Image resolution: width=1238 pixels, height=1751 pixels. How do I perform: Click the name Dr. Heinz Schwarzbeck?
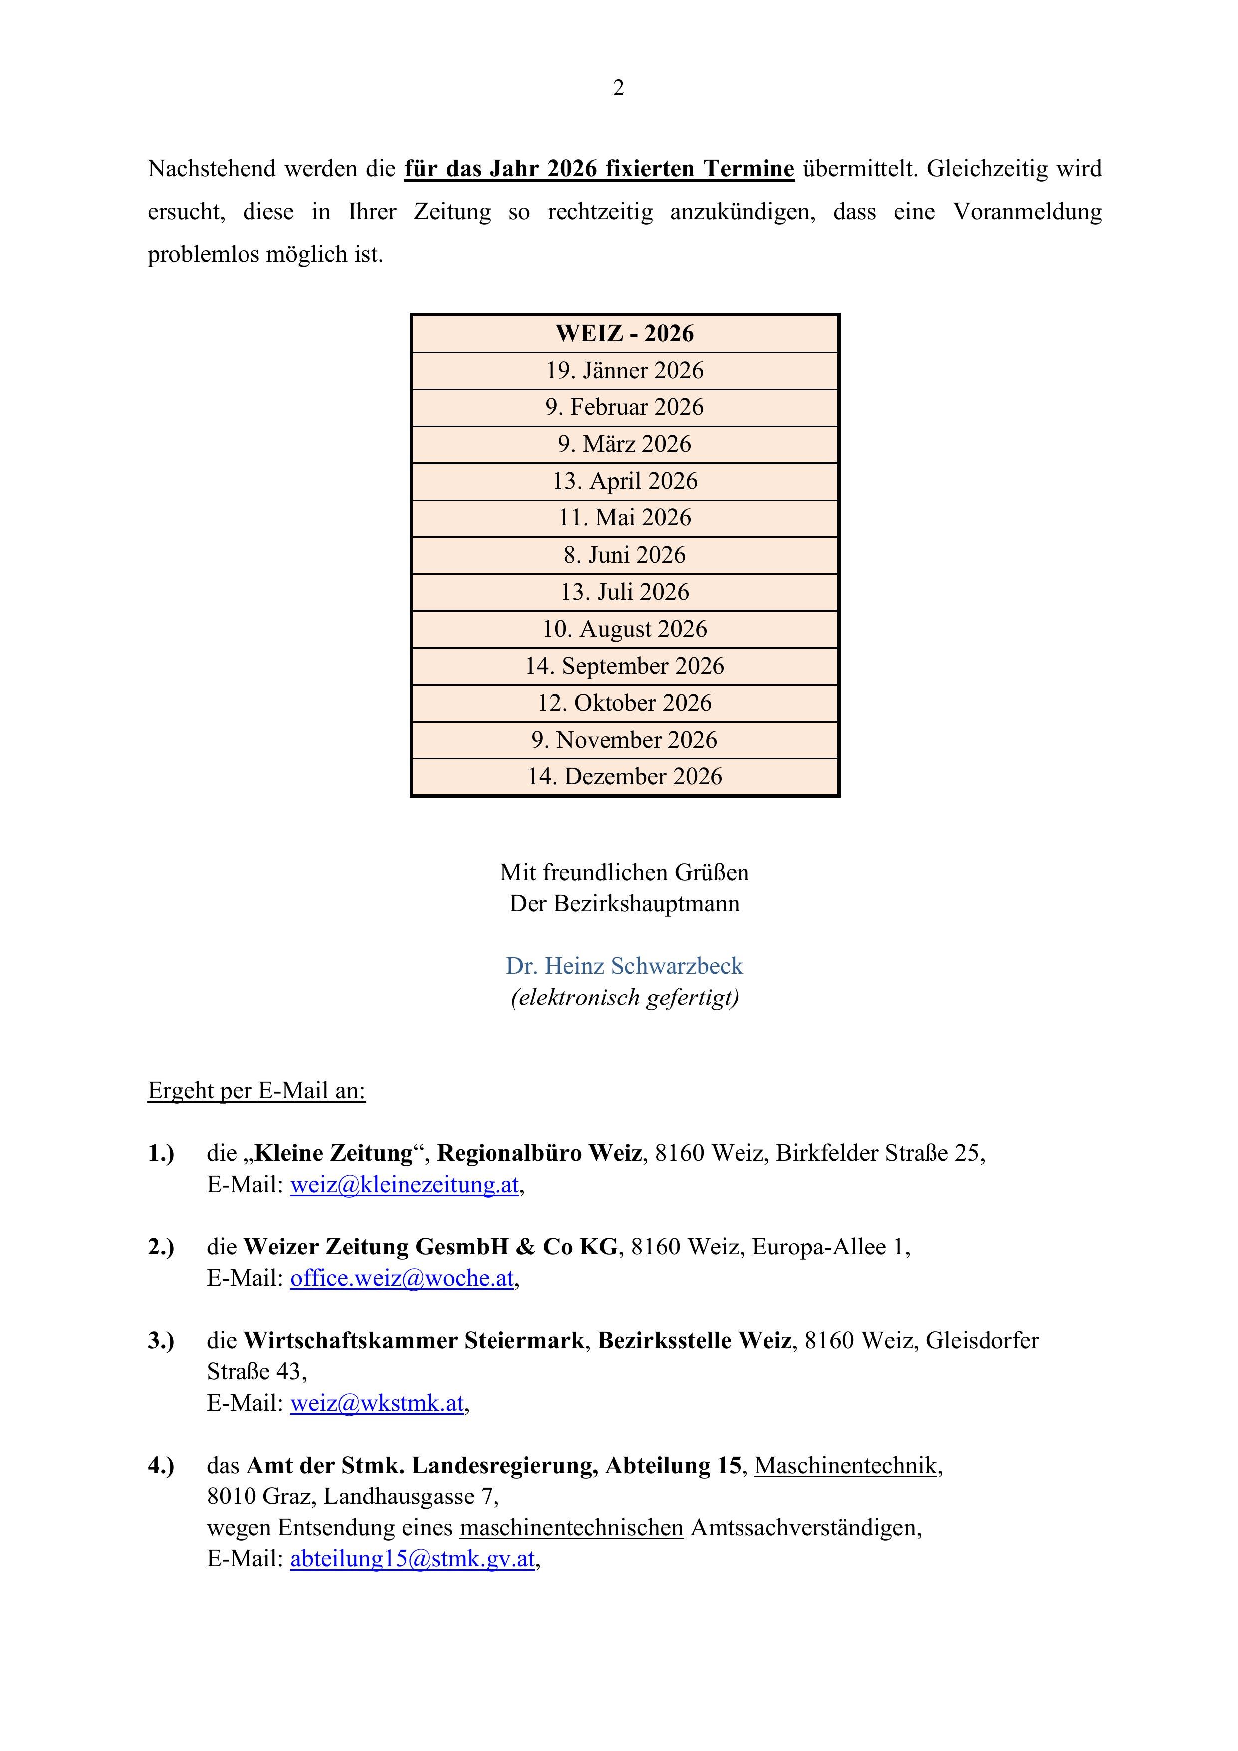(624, 966)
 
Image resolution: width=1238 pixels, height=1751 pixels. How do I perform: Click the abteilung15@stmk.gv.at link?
(413, 1559)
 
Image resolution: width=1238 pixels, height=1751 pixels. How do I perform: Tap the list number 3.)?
(161, 1341)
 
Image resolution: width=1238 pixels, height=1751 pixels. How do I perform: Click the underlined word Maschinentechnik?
(846, 1465)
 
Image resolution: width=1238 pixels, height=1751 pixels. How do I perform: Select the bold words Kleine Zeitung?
(333, 1153)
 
